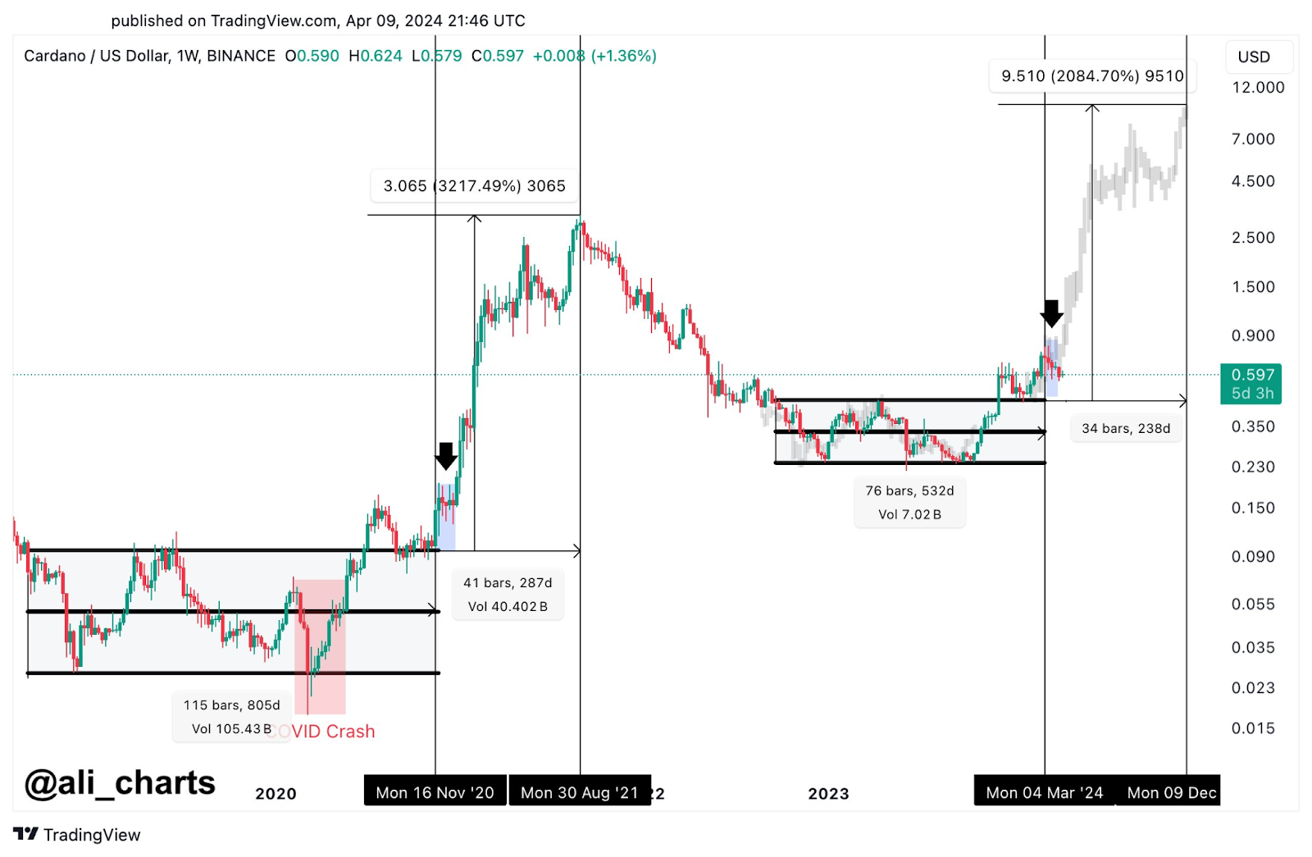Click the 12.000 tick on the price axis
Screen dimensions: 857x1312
[1258, 88]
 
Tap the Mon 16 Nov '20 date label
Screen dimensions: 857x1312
[435, 792]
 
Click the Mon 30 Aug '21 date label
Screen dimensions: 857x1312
[579, 792]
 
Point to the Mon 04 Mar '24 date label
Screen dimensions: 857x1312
[1044, 792]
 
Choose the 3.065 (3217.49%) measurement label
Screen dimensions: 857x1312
[475, 186]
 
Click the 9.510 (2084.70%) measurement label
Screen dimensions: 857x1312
[1092, 76]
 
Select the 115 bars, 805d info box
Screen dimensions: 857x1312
[231, 717]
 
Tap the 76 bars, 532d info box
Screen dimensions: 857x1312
[909, 503]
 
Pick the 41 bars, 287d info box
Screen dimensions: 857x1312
[508, 595]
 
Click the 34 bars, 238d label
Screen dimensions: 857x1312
[1126, 428]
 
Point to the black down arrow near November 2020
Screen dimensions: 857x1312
[446, 456]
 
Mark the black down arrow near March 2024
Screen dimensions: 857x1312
[1051, 313]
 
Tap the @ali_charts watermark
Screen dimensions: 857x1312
[120, 783]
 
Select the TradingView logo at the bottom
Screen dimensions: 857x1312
[77, 835]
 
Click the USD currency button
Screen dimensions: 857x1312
[1254, 57]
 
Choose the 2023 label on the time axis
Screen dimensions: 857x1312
[828, 793]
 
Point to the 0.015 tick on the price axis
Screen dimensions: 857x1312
[1253, 728]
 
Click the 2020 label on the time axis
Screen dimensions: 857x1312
[276, 793]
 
